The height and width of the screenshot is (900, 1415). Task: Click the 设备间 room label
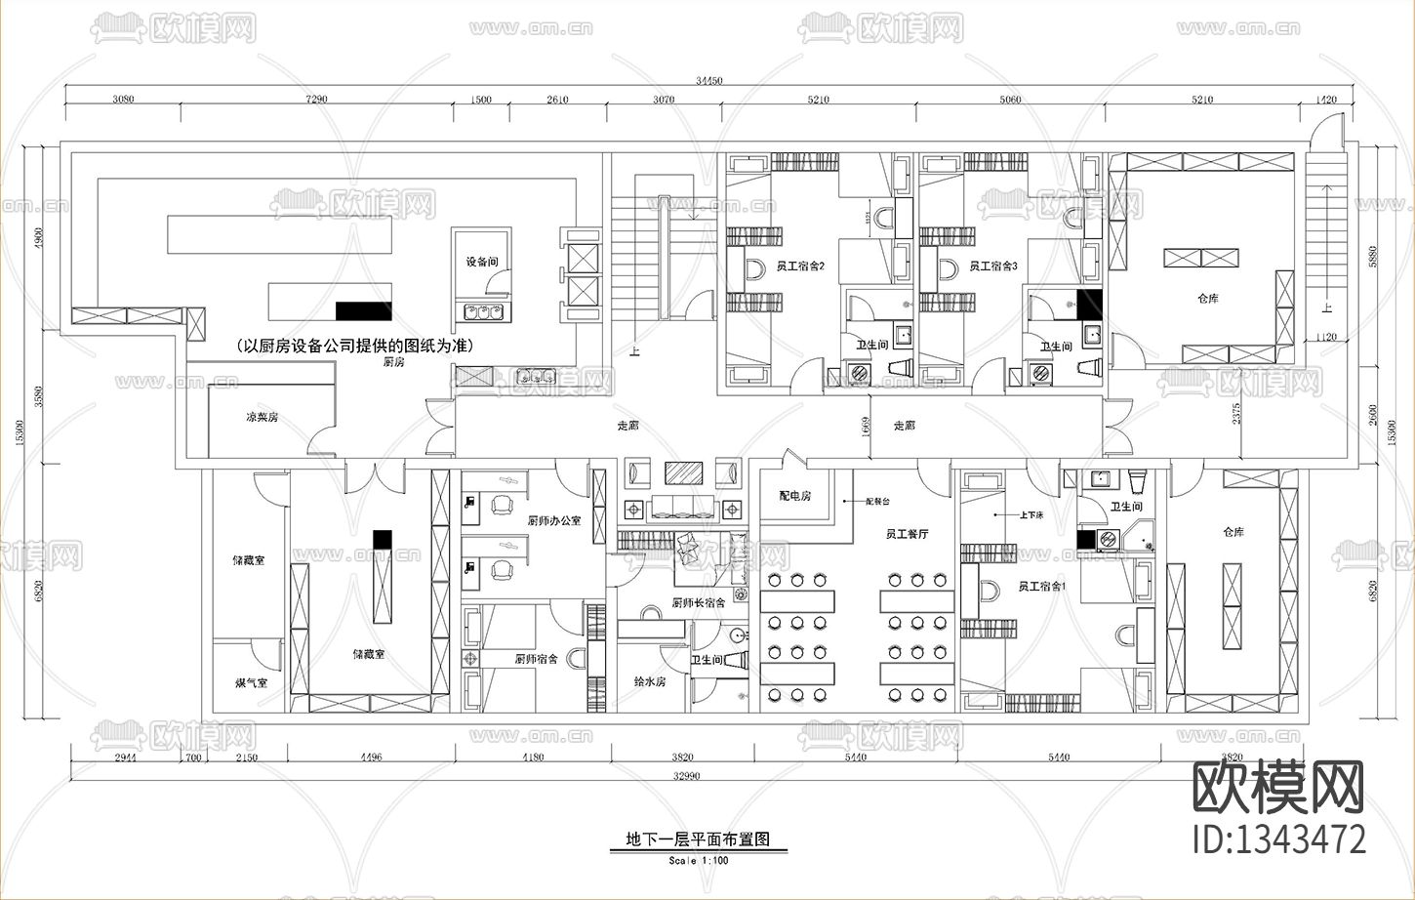pos(482,262)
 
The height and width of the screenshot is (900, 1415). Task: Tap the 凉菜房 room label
pos(262,417)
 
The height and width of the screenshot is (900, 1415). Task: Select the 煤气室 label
pos(251,682)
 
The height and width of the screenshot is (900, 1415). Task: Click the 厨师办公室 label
pos(554,520)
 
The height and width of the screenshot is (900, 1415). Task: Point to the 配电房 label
pos(795,496)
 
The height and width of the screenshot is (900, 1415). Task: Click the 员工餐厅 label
pos(907,534)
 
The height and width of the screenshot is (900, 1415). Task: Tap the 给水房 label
pos(649,681)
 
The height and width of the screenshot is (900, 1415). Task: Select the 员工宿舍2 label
pos(801,266)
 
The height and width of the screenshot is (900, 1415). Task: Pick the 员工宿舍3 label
pos(993,266)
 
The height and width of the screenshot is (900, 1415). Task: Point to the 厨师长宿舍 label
pos(698,602)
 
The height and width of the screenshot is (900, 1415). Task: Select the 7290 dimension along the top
pos(316,100)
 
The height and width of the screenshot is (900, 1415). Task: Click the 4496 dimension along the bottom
pos(371,757)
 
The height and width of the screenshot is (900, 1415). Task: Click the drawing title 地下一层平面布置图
pos(698,839)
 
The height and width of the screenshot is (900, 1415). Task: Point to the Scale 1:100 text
pos(698,860)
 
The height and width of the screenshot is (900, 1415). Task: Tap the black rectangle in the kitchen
pos(363,311)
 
